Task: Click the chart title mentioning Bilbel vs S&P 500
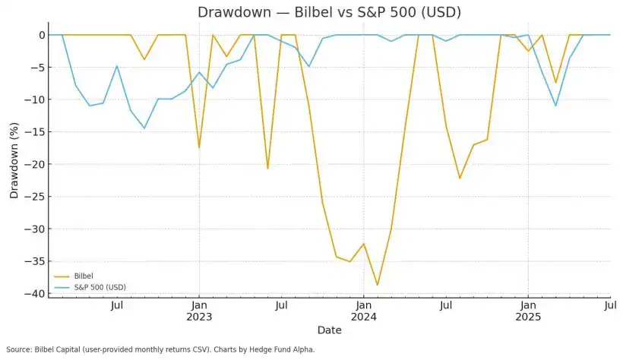pos(329,12)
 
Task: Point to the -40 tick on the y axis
pos(35,293)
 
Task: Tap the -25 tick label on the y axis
pos(35,197)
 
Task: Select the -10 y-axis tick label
pos(35,99)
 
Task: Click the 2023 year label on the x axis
pos(199,317)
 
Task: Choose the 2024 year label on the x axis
pos(363,317)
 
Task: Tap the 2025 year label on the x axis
pos(528,317)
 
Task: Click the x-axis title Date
pos(329,330)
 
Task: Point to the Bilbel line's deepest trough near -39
pos(377,285)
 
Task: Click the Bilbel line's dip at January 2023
pos(199,147)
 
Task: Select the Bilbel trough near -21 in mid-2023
pos(267,168)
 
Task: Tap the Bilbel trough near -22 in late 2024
pos(460,178)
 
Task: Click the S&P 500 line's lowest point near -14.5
pos(144,128)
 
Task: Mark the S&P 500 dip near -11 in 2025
pos(555,106)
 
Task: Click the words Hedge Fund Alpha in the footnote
pos(285,349)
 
